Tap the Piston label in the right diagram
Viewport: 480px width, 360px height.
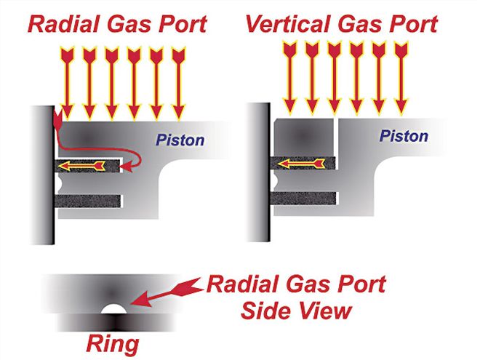tap(405, 136)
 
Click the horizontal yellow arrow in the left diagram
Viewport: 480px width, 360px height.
tap(80, 167)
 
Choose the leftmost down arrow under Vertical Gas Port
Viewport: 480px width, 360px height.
tap(289, 77)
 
